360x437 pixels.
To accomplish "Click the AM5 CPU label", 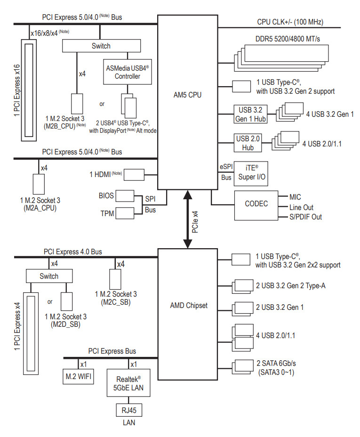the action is [187, 95].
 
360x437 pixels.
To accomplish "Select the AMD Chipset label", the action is [189, 306].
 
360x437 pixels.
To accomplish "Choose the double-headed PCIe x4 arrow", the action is [188, 219].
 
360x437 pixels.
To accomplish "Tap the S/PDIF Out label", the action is [305, 217].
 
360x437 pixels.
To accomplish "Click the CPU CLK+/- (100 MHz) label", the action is [290, 22].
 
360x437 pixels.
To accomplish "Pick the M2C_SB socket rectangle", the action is [115, 279].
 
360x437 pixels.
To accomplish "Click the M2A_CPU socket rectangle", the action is [39, 184].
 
